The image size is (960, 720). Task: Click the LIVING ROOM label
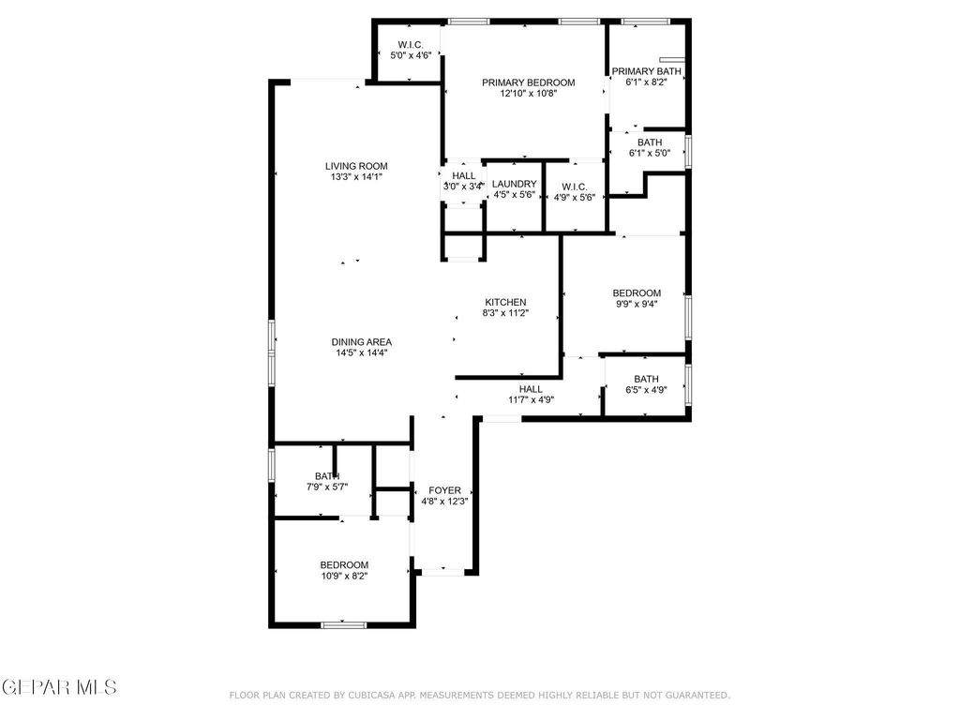coord(356,166)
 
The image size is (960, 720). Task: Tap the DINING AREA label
coord(361,341)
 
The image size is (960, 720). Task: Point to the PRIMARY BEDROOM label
coord(529,82)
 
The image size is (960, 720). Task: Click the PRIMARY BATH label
coord(647,71)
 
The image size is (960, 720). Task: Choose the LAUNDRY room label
coord(514,184)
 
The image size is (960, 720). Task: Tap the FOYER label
coord(444,490)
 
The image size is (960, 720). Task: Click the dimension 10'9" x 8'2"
coord(344,576)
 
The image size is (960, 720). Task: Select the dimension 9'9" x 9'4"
coord(637,304)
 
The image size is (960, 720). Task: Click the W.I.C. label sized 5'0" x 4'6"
coord(411,45)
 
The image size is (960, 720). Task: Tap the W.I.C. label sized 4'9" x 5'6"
coord(575,186)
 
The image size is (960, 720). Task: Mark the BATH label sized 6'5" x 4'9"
coord(646,379)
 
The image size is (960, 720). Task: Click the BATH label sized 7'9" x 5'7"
coord(326,476)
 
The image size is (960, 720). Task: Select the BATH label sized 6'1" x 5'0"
coord(649,142)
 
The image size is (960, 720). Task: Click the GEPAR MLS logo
coord(59,687)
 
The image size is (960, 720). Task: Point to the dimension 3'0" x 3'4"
coord(463,187)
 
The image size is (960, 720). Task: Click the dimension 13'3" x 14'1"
coord(356,176)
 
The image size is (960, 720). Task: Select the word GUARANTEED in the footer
coord(695,696)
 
